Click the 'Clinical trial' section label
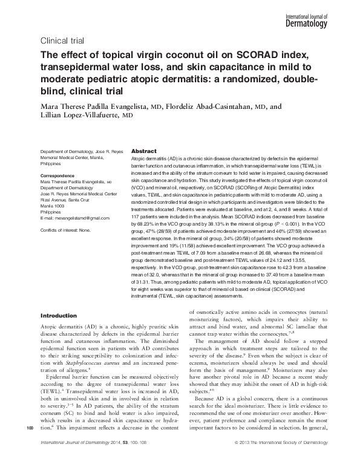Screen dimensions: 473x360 61,41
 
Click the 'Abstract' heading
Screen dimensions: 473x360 144,151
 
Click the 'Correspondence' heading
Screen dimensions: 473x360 61,175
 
